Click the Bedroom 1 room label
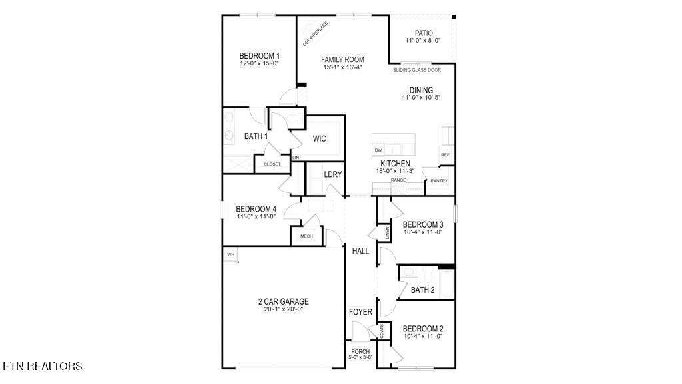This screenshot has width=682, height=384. coord(260,56)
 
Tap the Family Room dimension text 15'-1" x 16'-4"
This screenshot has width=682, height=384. coord(343,67)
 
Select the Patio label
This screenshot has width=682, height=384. coord(424,33)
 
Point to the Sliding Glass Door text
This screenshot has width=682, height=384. coord(417,70)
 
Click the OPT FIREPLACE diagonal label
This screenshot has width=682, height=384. coord(315,34)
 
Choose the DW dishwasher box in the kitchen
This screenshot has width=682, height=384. coord(378,150)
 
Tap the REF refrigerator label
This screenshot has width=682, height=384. coord(445,155)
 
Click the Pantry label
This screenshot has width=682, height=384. coord(439,181)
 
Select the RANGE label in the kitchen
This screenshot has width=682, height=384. coord(398,180)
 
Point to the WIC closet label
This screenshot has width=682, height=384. coord(319,139)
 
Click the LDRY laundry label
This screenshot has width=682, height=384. coord(333,174)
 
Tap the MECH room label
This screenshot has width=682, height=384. coord(306,236)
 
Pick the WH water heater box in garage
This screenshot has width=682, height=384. coord(230,254)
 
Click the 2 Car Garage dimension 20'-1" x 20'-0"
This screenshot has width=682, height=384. coord(284,309)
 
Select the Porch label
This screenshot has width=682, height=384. coord(360,351)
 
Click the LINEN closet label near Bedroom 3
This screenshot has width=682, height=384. coord(387,233)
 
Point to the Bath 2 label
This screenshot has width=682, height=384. coord(423,289)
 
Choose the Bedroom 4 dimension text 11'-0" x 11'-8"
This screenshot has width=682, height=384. coord(256,216)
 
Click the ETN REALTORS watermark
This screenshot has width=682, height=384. coord(42,366)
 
